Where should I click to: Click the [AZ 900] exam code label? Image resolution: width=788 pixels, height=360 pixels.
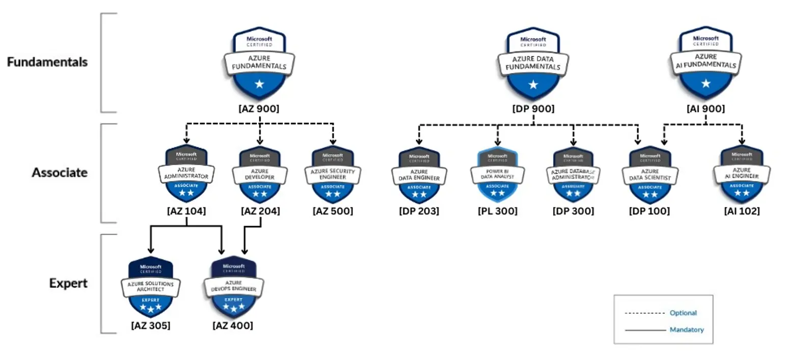click(259, 109)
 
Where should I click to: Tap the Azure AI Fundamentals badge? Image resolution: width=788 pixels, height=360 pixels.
click(705, 64)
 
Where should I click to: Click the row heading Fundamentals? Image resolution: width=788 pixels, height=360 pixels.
click(47, 62)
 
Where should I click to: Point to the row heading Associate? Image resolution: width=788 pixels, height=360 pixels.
click(60, 173)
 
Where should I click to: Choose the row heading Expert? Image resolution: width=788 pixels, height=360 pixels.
click(68, 283)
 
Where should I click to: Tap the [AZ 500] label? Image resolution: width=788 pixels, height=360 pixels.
click(333, 211)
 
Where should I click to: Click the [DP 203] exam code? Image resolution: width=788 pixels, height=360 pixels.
click(419, 211)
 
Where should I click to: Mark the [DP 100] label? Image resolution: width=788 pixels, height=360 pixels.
click(649, 211)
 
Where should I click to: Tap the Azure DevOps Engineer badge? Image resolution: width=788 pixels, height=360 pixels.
click(234, 288)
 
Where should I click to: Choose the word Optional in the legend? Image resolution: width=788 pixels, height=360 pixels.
click(683, 313)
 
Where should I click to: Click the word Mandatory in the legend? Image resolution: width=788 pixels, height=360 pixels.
click(687, 330)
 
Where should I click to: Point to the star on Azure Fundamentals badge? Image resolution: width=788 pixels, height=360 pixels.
click(259, 84)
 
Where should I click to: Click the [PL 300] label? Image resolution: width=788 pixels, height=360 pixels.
click(497, 211)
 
